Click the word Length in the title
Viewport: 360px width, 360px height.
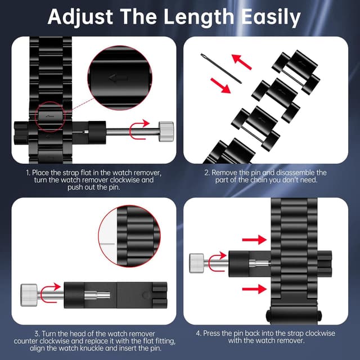point(199,16)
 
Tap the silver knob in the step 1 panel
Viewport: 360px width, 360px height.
point(166,131)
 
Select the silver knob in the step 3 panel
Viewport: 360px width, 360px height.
point(29,295)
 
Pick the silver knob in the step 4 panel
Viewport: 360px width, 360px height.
point(196,263)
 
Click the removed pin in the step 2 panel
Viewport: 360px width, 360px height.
point(221,68)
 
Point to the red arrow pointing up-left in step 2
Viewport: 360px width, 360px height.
point(241,61)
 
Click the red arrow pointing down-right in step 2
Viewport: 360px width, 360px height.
point(220,85)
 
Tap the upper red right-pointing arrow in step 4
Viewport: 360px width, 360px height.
point(254,240)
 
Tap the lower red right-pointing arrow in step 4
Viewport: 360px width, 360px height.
point(254,289)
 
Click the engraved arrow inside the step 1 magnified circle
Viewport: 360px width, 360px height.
point(118,78)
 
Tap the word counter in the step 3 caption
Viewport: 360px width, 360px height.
point(26,341)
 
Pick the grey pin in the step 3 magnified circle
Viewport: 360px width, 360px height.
point(107,244)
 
